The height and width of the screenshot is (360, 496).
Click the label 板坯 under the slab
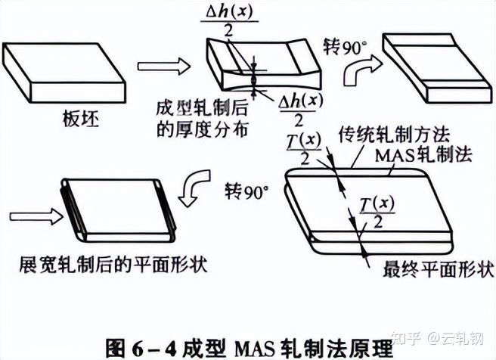pos(76,119)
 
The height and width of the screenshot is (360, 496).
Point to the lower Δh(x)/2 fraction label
pos(291,110)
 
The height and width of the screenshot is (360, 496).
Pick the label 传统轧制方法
pos(395,135)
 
